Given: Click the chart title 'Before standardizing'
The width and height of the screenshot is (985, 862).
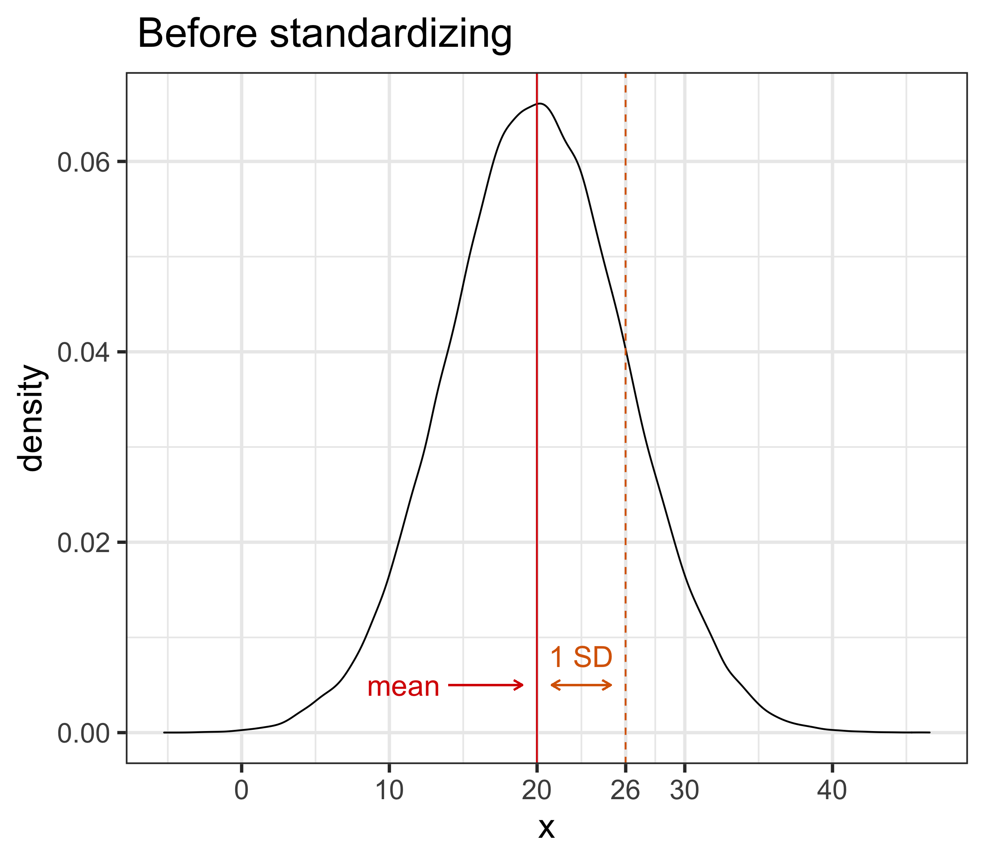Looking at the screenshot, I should click(325, 34).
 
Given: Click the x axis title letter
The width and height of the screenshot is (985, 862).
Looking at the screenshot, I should click(546, 828).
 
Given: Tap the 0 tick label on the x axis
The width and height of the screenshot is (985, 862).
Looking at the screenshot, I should click(241, 790).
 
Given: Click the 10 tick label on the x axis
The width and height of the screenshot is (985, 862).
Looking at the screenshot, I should click(389, 790).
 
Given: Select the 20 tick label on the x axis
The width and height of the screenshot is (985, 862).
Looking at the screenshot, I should click(537, 790).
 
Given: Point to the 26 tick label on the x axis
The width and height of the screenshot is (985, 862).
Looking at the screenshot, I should click(625, 790).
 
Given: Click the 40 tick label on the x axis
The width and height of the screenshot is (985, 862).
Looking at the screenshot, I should click(832, 790).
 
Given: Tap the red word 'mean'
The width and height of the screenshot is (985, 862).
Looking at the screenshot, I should click(403, 686).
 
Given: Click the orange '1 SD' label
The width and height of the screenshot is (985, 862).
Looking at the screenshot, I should click(581, 657).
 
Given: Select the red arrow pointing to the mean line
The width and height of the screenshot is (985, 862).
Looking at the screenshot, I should click(486, 685).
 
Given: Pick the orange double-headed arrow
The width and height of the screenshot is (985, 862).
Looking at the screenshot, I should click(581, 685).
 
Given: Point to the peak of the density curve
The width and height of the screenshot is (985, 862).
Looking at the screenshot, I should click(541, 103).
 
